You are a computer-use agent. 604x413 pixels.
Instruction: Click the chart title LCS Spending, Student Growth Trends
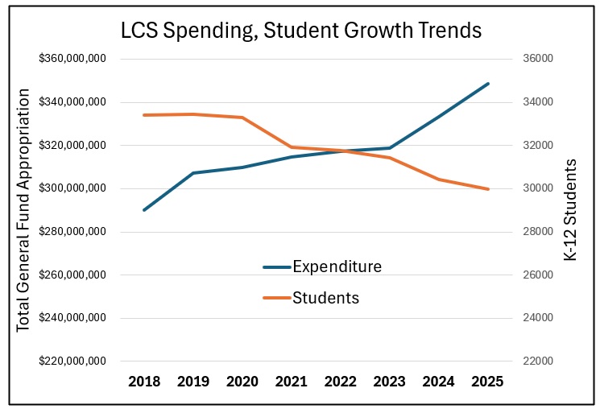tap(301, 31)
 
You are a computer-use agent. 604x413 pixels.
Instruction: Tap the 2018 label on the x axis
tap(144, 382)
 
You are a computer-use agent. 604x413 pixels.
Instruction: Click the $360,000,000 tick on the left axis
tap(72, 60)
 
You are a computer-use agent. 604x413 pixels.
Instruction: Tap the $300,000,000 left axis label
tap(72, 188)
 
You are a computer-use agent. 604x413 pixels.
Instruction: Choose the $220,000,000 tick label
tap(72, 361)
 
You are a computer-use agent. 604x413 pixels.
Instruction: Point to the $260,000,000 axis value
tap(72, 275)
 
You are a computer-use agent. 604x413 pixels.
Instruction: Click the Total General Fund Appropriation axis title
tap(23, 210)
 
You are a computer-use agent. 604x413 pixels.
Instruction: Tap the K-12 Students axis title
tap(571, 210)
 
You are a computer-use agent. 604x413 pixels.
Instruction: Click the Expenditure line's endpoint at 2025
tap(488, 84)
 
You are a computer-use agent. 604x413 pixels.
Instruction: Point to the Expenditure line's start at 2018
tap(144, 210)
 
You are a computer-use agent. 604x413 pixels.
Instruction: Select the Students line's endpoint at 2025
tap(488, 189)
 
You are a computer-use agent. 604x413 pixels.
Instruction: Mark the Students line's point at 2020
tap(242, 118)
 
